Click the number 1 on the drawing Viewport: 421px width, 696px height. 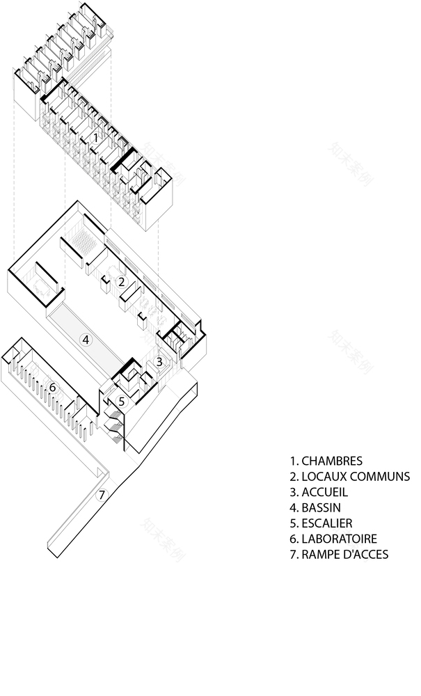click(95, 138)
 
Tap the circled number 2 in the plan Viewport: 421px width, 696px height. click(121, 282)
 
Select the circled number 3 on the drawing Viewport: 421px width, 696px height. click(159, 362)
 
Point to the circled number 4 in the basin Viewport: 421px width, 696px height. click(86, 340)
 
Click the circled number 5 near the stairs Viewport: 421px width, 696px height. click(121, 402)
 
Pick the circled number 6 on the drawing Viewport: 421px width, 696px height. click(52, 387)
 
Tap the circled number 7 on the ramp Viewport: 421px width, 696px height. click(102, 495)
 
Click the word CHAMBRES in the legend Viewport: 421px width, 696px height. click(332, 461)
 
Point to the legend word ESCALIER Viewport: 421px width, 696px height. click(327, 523)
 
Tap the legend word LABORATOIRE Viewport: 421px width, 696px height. click(339, 539)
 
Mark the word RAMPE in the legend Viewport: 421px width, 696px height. click(319, 554)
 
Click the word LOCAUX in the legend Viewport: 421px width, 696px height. click(322, 477)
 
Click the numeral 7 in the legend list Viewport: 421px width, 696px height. click(293, 554)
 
